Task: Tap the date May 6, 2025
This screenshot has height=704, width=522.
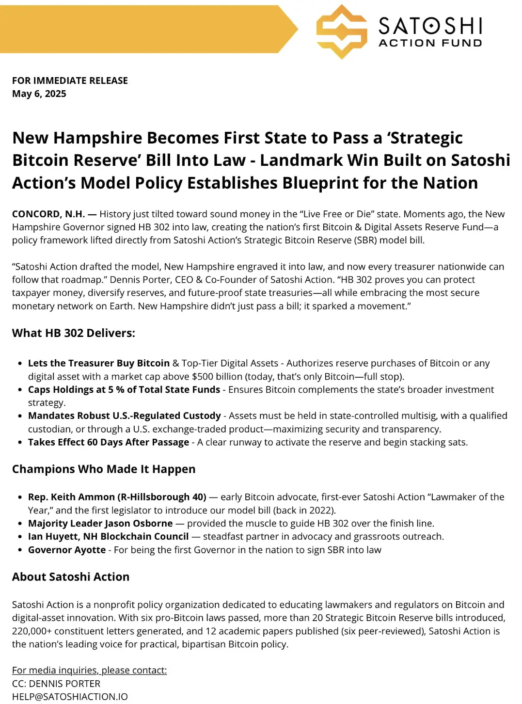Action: click(39, 94)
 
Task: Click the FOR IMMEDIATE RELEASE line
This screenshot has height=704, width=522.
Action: click(70, 80)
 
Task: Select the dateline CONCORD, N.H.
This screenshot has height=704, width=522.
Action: click(48, 214)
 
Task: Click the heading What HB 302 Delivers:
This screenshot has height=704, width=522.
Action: click(74, 333)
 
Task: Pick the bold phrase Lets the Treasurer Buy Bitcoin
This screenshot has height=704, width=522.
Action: click(99, 363)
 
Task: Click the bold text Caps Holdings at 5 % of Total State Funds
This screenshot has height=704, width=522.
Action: click(124, 389)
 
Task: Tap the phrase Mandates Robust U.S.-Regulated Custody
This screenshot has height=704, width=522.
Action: click(125, 416)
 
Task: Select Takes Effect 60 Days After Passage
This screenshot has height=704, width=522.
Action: click(109, 442)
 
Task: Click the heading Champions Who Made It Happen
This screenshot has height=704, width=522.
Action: click(104, 469)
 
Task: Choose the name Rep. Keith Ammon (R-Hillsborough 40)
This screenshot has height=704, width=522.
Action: click(117, 497)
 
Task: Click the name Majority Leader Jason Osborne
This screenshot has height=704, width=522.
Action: click(100, 523)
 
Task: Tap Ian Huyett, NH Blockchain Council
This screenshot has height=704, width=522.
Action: click(109, 536)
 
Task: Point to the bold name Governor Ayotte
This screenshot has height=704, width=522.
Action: click(67, 550)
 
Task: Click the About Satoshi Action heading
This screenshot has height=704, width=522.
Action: click(71, 576)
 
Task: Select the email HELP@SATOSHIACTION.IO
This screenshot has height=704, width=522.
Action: click(70, 697)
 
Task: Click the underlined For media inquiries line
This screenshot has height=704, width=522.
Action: click(89, 670)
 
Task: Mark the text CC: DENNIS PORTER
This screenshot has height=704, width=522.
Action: click(56, 684)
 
